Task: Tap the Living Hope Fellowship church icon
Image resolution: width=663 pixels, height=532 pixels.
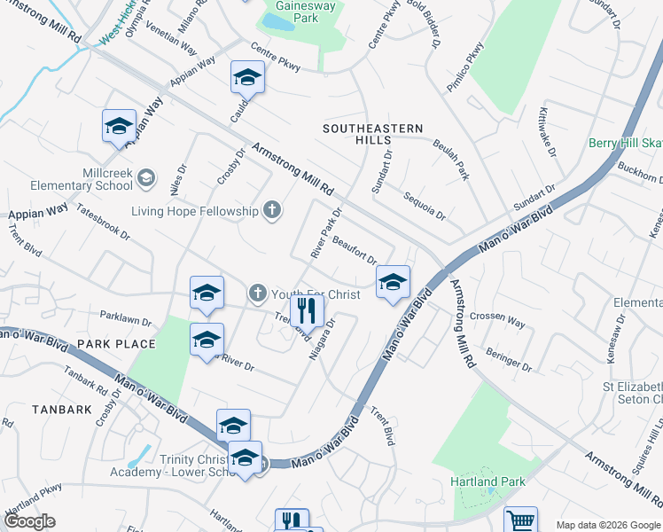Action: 272,210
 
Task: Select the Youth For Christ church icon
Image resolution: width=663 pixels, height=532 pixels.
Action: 257,292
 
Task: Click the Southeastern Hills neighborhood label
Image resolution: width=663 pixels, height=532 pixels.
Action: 368,135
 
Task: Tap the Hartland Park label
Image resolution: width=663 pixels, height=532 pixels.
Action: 487,481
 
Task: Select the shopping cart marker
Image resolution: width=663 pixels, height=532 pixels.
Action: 521,520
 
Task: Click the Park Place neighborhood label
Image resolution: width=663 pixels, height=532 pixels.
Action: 116,344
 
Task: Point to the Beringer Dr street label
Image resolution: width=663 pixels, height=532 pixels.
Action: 509,359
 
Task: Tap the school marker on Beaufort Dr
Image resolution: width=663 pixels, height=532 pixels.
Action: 393,282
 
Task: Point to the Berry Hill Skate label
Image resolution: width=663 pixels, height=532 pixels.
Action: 626,144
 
